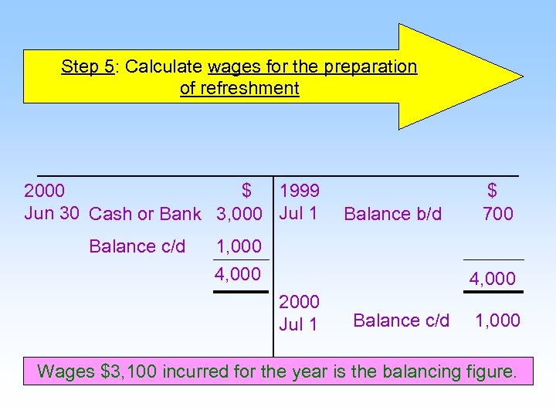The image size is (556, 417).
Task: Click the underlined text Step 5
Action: coord(87,66)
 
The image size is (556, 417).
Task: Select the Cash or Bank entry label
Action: coord(145,214)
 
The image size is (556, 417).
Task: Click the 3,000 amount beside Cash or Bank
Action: coord(239,214)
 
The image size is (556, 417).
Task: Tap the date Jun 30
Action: coord(52,213)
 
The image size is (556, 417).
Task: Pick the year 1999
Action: coord(300,191)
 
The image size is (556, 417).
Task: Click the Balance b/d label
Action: coord(393,214)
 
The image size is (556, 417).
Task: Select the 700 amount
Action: coord(497,214)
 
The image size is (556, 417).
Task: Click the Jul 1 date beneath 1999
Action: coord(298,213)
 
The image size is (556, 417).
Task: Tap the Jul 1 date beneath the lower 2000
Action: coord(298,324)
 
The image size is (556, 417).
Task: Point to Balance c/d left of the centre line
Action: coord(137,246)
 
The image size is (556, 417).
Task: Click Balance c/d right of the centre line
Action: coord(401,320)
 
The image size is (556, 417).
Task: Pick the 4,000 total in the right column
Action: coord(493,279)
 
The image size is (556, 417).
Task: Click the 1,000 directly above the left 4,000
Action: coord(239,247)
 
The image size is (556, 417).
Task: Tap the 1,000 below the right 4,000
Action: coord(497,320)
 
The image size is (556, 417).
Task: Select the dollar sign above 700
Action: coord(492,191)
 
